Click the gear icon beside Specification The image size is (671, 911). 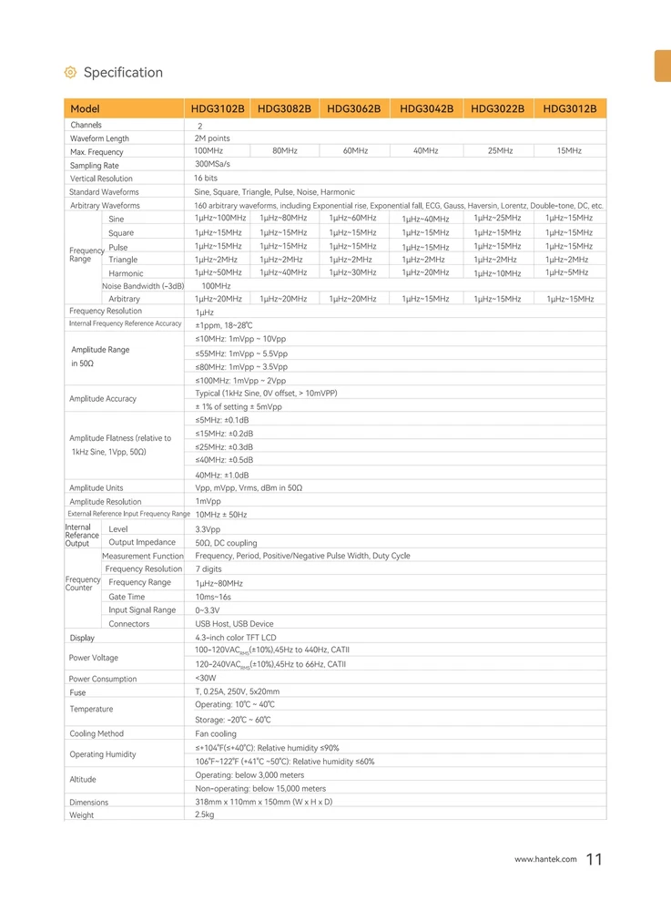coord(70,73)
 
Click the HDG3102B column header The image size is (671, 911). coord(218,108)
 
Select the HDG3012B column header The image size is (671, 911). coord(569,108)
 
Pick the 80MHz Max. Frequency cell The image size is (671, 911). coord(285,150)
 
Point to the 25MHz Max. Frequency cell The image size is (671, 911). coord(498,150)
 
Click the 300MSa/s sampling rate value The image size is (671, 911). coord(212,164)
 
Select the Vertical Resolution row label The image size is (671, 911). coord(101,179)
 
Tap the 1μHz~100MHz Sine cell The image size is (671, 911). coord(220,218)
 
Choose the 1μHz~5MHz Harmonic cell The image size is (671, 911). coord(566,272)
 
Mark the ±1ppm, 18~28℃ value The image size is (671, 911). coord(224,325)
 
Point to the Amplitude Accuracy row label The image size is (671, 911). coord(103,399)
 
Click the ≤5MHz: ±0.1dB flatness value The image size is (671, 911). coord(222,420)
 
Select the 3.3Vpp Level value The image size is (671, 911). coord(208,528)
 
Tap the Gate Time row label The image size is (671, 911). coord(127,597)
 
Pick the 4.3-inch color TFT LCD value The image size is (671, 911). coord(235,638)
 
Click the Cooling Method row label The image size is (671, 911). coord(97,733)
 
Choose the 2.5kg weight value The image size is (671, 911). coord(205,814)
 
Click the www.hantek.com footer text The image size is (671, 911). coord(545,859)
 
